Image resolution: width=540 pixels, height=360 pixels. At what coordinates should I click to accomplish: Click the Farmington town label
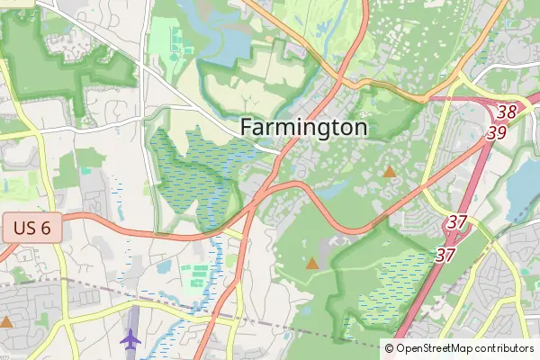point(304,128)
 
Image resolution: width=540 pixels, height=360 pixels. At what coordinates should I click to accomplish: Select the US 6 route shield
point(31,228)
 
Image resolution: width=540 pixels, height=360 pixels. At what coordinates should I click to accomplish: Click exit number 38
point(507,112)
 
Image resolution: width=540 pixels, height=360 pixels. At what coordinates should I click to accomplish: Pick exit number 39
point(496,132)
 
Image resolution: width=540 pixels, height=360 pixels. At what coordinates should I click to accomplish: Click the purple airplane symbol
point(130,340)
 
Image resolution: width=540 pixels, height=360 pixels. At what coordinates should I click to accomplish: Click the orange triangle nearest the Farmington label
point(390,171)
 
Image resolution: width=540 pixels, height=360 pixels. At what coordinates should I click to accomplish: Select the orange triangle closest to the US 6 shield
point(7,321)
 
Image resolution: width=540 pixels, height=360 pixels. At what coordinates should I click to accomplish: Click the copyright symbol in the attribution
point(389,348)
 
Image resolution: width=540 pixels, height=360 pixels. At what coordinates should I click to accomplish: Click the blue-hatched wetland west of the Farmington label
point(193,171)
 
